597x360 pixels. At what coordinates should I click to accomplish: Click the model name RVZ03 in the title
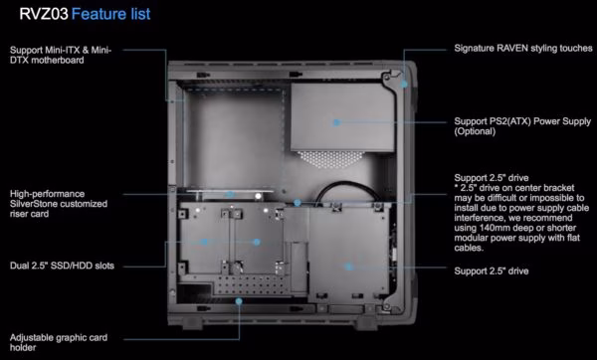44,14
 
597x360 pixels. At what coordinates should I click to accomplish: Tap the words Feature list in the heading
110,14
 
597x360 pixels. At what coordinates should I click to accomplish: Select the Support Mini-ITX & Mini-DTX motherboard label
61,55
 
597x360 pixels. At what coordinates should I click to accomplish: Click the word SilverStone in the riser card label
33,204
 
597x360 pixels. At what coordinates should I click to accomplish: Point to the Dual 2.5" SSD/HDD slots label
62,266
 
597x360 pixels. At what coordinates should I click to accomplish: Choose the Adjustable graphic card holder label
59,342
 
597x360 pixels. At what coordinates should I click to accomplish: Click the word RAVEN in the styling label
512,49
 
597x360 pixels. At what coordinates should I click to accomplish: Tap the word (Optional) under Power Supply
475,131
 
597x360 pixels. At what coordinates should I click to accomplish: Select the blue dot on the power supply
336,122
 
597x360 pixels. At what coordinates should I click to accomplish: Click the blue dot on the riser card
230,195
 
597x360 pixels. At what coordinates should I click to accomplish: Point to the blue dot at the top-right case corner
404,85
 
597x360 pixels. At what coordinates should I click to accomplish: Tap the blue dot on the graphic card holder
239,301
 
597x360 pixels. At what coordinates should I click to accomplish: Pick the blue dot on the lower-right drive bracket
348,267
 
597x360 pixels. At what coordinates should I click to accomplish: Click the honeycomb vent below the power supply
330,159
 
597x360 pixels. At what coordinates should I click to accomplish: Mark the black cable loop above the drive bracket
342,184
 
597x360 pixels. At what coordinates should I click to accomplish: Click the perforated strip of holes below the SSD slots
252,285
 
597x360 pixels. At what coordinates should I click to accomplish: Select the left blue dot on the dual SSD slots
204,242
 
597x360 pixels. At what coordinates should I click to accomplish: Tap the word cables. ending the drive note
469,248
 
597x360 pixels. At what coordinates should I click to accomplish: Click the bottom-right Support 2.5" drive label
492,270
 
